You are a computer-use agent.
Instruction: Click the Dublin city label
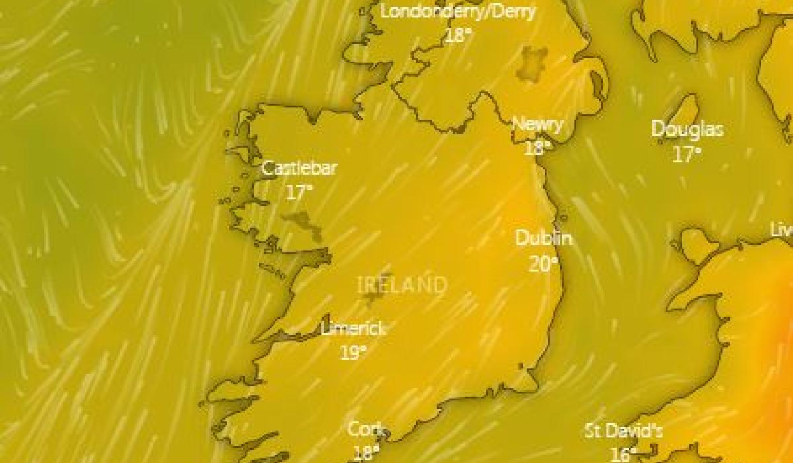(543, 238)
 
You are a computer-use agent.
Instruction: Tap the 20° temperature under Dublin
(543, 265)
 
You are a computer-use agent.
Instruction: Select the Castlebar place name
(299, 168)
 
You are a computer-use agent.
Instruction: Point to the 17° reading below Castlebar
(299, 192)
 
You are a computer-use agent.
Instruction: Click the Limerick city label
(353, 328)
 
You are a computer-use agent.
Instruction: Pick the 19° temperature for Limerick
(354, 353)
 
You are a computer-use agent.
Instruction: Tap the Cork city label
(365, 429)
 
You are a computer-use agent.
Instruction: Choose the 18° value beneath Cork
(365, 453)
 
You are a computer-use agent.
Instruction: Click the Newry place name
(538, 124)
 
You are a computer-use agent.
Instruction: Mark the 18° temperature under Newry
(537, 147)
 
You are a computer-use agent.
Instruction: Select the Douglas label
(687, 129)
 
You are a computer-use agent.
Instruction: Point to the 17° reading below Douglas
(687, 155)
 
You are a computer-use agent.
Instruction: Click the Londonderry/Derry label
(458, 11)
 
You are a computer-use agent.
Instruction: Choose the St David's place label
(623, 431)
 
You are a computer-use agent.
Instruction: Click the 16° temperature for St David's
(623, 454)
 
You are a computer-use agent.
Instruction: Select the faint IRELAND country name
(402, 286)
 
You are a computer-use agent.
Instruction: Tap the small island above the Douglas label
(685, 108)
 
